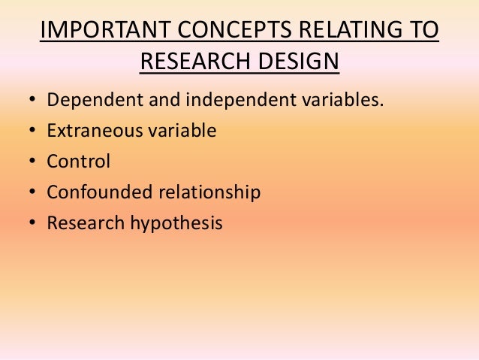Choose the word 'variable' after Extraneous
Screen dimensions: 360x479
(x=179, y=132)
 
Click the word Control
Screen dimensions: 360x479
(x=78, y=162)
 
